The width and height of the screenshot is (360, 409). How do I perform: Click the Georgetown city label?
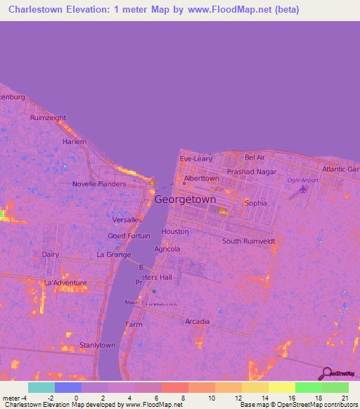(185, 200)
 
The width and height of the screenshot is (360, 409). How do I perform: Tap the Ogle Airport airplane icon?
(302, 188)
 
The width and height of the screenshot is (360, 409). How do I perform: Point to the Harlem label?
(74, 141)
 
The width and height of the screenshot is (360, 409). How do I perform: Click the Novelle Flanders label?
(99, 184)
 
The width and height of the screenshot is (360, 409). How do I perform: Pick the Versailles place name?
(127, 219)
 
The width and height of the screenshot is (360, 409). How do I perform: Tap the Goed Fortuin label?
(129, 236)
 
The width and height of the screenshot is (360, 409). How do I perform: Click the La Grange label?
(114, 254)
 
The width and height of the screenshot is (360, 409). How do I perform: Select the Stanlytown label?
(97, 345)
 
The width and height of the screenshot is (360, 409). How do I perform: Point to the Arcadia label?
(197, 322)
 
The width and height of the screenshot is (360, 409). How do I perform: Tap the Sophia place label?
(255, 203)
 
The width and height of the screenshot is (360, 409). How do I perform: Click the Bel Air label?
(255, 157)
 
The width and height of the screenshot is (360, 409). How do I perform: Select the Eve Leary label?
(195, 159)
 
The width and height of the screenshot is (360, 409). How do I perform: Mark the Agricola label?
(167, 249)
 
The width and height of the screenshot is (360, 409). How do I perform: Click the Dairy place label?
(50, 254)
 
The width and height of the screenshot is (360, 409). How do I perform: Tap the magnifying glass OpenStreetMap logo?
(326, 373)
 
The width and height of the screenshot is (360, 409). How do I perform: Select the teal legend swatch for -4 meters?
(41, 387)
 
